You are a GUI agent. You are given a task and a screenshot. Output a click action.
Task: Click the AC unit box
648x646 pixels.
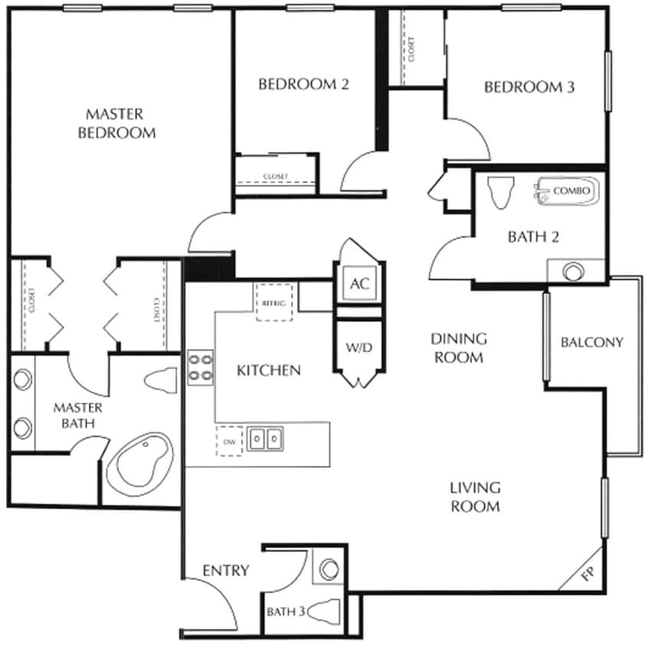pos(359,283)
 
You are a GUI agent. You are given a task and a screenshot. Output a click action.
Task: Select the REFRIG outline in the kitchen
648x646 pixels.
pos(273,302)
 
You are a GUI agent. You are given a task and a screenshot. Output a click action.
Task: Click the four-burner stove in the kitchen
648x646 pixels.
pos(201,365)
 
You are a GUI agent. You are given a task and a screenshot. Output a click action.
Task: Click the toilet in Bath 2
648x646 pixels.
pos(500,191)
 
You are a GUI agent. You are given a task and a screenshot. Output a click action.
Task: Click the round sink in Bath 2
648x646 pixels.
pos(571,271)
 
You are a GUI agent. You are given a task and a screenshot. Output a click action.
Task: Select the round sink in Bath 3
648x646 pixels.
pos(329,569)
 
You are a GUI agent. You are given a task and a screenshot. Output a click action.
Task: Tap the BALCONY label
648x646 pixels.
pos(592,342)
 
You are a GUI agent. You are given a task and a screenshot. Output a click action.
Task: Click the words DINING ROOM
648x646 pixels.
pos(459,347)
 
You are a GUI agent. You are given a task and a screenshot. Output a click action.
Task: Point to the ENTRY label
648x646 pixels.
pos(226,570)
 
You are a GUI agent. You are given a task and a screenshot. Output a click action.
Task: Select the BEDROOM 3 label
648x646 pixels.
pos(529,87)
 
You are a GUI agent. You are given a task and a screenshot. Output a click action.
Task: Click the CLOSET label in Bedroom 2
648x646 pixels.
pos(276,177)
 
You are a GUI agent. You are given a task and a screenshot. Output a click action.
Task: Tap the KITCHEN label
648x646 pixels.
pos(268,370)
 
